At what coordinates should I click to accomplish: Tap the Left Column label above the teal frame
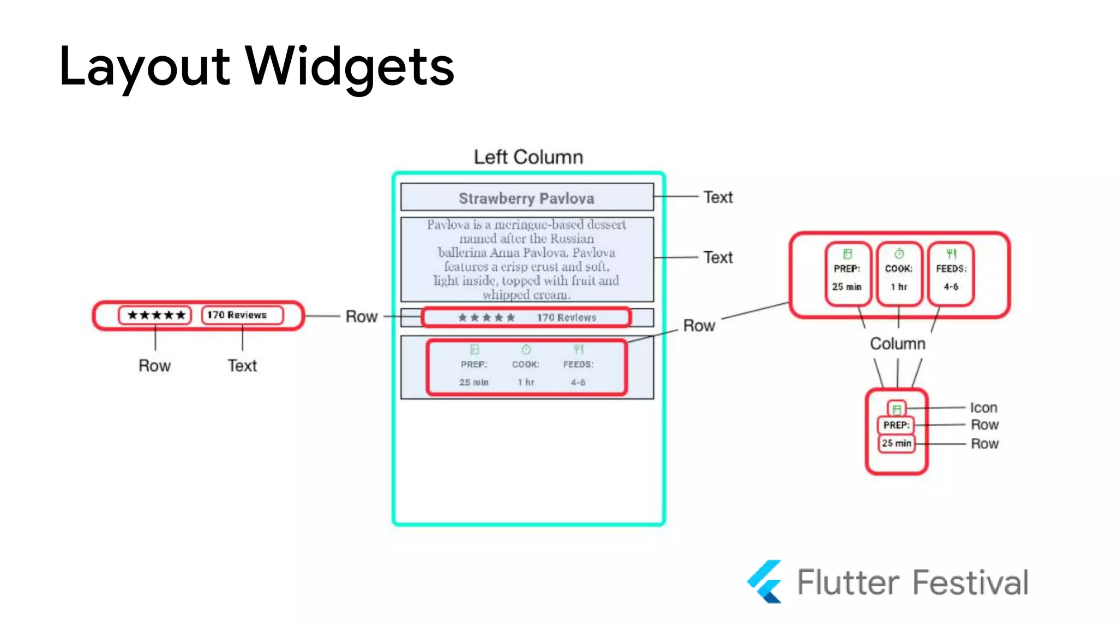click(528, 157)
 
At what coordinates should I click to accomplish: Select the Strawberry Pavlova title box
click(527, 197)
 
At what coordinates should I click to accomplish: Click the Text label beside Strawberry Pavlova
click(718, 197)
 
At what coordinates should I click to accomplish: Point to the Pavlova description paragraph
click(527, 259)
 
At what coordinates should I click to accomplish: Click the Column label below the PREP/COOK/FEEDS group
click(897, 343)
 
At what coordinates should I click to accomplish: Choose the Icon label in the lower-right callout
click(983, 407)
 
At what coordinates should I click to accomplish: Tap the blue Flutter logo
click(765, 582)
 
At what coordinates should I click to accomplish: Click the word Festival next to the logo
click(970, 582)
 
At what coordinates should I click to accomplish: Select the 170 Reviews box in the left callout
click(242, 315)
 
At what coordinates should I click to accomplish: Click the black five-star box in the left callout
click(155, 315)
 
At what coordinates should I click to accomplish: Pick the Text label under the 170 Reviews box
click(242, 365)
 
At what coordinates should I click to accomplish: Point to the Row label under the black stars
click(154, 365)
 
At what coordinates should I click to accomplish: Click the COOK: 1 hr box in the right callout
click(899, 274)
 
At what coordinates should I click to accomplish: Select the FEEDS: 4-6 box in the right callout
click(951, 274)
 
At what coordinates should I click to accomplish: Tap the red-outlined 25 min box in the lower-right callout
click(896, 443)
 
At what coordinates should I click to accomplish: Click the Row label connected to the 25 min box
click(984, 444)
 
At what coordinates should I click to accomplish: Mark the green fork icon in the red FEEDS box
click(951, 253)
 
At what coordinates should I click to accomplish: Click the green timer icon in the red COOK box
click(899, 253)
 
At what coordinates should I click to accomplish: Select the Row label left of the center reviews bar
click(361, 316)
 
